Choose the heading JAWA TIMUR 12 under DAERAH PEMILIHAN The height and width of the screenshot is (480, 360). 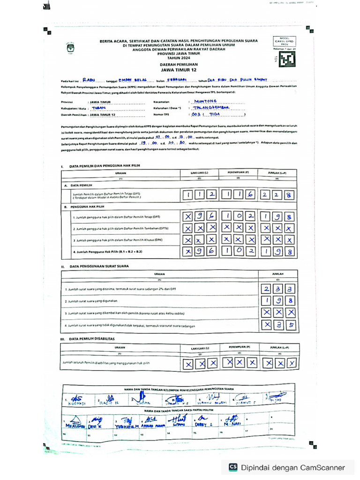point(175,69)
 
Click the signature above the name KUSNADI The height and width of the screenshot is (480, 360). point(77,398)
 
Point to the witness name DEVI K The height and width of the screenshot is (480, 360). point(97,426)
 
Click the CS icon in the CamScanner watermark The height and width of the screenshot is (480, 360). point(233,467)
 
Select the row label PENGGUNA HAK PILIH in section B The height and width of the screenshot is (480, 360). point(87,206)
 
